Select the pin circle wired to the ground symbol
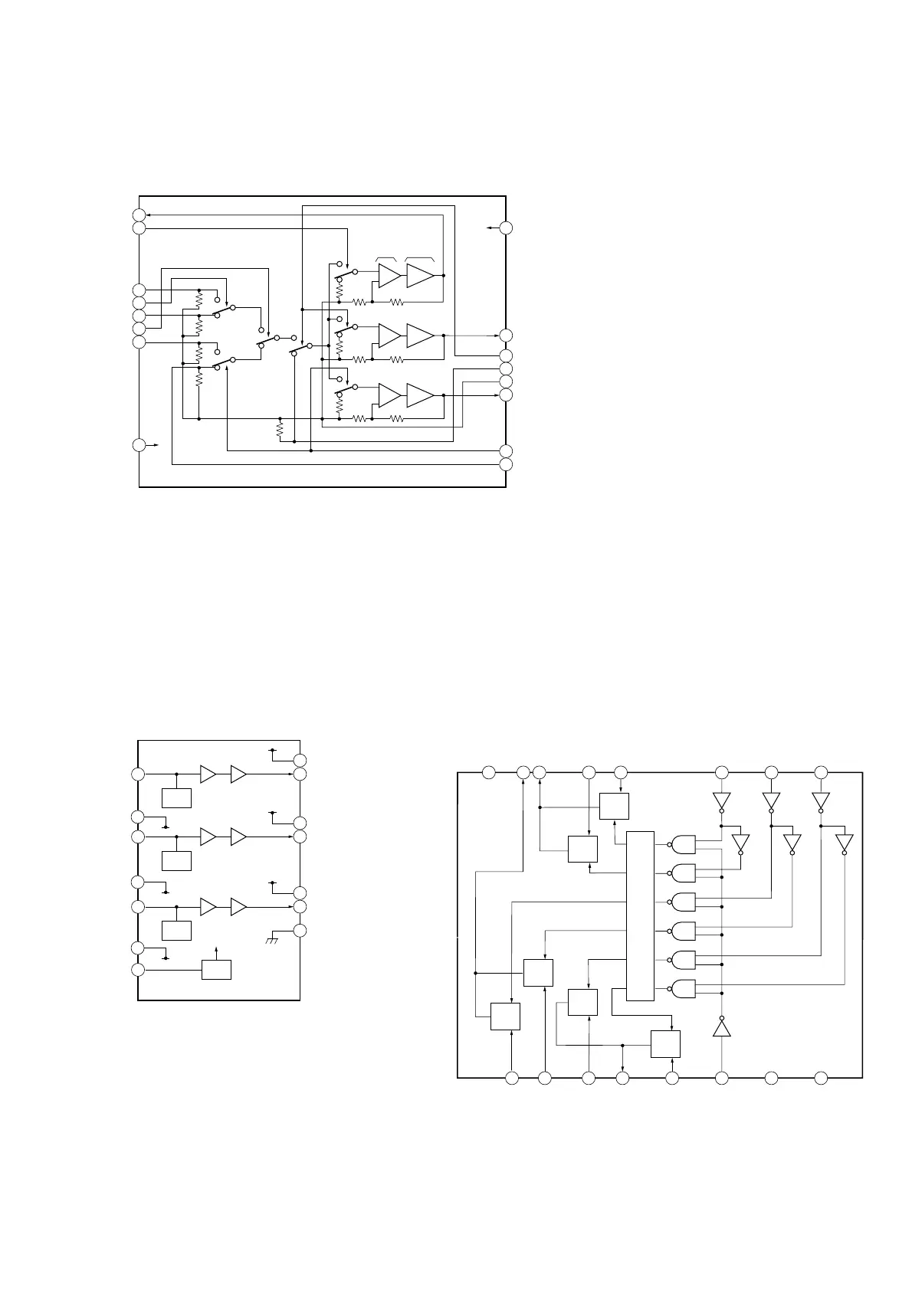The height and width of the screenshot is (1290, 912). coord(300,931)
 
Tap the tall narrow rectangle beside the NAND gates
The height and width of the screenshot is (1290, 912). coord(640,915)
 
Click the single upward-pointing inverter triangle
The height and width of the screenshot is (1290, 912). coord(721,1027)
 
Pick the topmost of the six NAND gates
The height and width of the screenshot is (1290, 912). coord(683,844)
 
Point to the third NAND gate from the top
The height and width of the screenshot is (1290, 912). coord(683,902)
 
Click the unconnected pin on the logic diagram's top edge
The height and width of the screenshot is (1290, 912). coord(489,772)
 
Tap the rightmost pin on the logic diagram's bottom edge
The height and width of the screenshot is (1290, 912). coord(821,1079)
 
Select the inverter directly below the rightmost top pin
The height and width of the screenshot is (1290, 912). coord(821,801)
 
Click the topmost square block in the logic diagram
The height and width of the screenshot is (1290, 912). coord(614,807)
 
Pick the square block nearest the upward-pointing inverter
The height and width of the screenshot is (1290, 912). coord(665,1044)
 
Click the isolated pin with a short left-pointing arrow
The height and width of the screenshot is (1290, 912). coord(506,228)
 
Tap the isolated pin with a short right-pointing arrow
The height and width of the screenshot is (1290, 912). coord(139,445)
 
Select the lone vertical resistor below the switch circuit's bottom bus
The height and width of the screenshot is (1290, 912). coord(280,430)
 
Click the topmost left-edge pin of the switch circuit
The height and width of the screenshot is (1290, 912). coord(139,215)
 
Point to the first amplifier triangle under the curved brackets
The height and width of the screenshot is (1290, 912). coord(389,275)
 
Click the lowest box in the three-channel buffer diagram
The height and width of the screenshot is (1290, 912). coord(216,969)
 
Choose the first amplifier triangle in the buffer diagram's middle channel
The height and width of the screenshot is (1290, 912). coord(208,837)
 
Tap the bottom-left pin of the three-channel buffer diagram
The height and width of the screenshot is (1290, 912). coord(138,970)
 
